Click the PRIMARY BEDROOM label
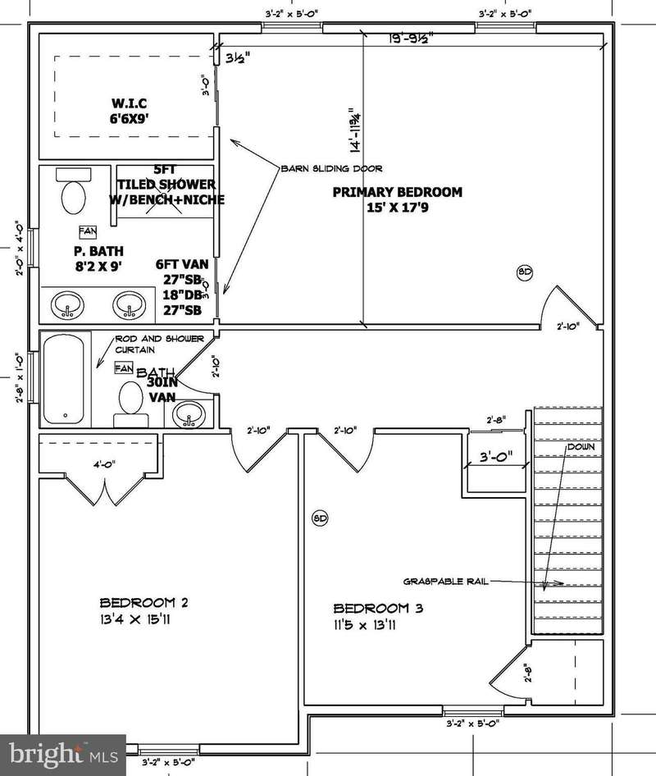coord(397,192)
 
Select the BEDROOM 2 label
coord(144,602)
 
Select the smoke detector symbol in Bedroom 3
coord(321,518)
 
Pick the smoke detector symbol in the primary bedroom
coord(524,271)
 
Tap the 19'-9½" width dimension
coord(410,38)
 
